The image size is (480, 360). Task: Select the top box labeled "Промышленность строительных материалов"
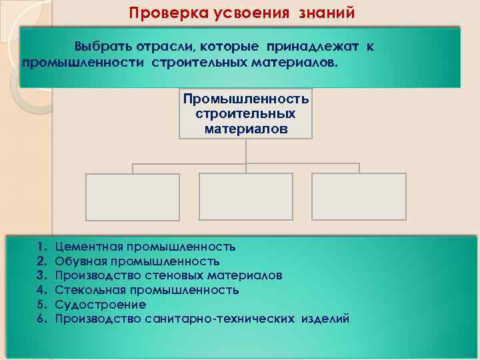click(x=246, y=113)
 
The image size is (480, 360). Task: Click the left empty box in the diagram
click(x=133, y=197)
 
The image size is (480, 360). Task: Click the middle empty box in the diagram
click(x=246, y=197)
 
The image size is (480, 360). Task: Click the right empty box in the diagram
click(x=359, y=197)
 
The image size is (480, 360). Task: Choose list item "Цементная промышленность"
click(x=145, y=247)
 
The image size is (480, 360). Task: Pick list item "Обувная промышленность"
click(x=137, y=261)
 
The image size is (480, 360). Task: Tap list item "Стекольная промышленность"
click(x=147, y=290)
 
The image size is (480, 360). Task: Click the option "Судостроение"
click(x=100, y=305)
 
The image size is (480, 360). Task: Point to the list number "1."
click(x=42, y=247)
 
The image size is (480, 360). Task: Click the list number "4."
click(x=42, y=290)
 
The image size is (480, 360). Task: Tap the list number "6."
click(x=42, y=319)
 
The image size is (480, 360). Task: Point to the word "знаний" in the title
click(x=328, y=13)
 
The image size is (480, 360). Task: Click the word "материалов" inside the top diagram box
click(x=246, y=128)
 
